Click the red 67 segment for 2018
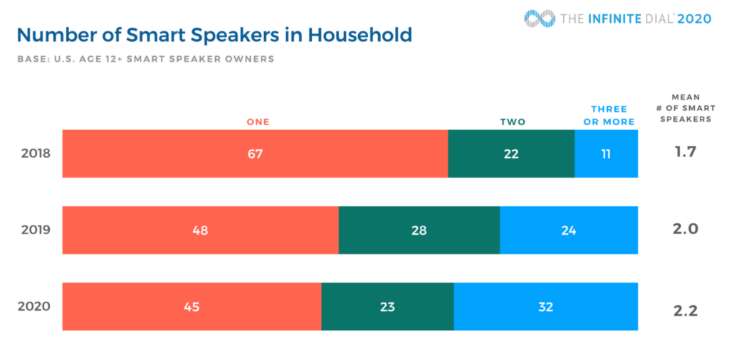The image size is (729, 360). point(255,154)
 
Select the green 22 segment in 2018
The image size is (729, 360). point(511,154)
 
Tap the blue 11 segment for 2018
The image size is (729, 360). point(606,154)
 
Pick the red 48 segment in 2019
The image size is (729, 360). point(200,231)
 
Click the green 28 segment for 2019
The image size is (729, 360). point(419,231)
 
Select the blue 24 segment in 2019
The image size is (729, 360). point(568,231)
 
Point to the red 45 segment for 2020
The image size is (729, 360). point(192,307)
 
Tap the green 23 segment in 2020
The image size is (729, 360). point(387,307)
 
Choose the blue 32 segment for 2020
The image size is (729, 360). point(545,307)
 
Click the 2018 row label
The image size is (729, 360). point(36,154)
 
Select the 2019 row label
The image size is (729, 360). point(36,231)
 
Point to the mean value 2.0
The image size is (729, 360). point(686,229)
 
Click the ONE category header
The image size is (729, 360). point(258,122)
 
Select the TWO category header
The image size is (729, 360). point(513,122)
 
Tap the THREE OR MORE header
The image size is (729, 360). point(609,115)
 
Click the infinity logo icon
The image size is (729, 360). point(539,18)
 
